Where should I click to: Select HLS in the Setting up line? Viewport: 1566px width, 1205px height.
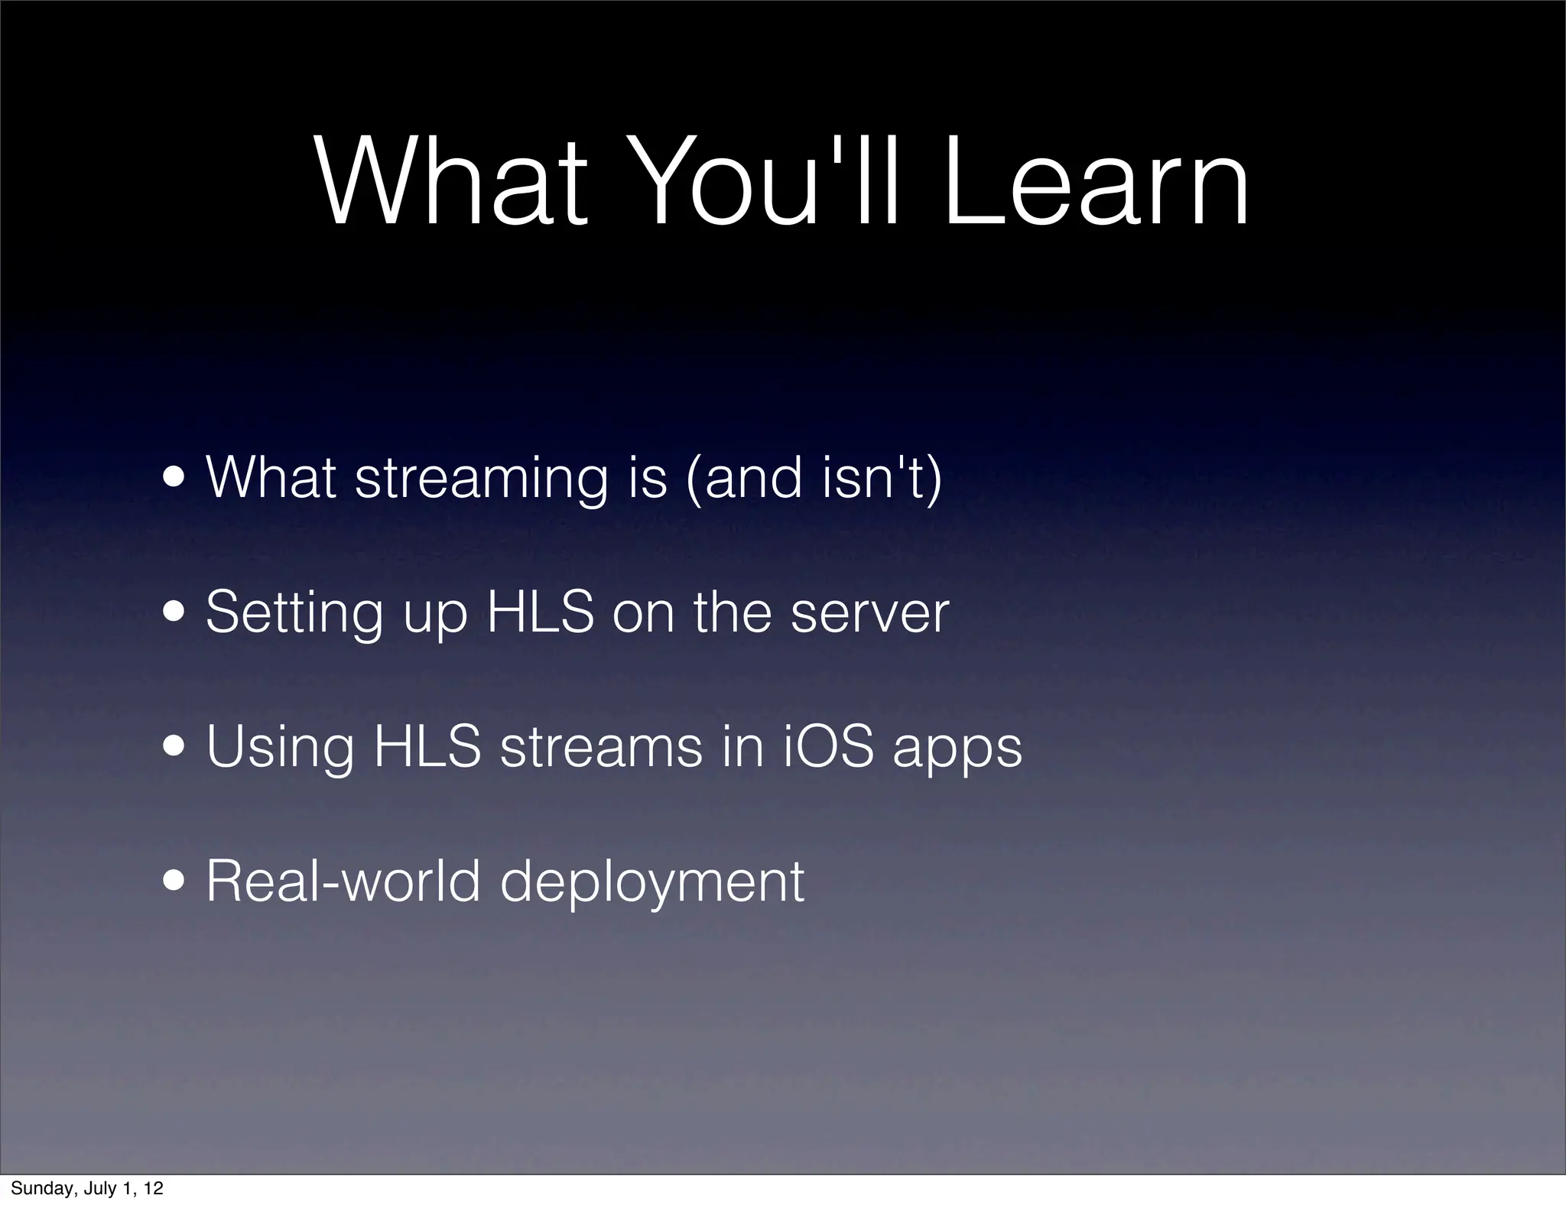pyautogui.click(x=541, y=612)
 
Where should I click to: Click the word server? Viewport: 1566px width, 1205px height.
pyautogui.click(x=869, y=614)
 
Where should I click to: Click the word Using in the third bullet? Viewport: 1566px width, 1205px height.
pyautogui.click(x=280, y=749)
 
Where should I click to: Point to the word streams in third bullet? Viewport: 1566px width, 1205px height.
pyautogui.click(x=601, y=747)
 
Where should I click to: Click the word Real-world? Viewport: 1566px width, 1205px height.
pyautogui.click(x=343, y=881)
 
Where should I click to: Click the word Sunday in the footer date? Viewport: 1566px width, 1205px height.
pyautogui.click(x=41, y=1188)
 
